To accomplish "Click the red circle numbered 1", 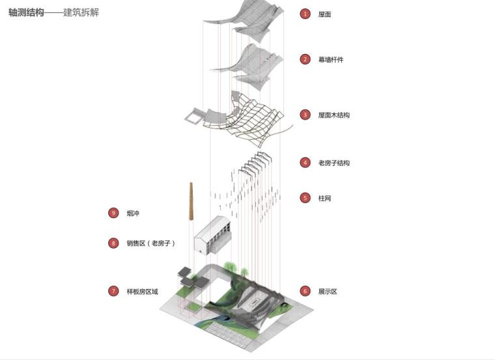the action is pos(305,14).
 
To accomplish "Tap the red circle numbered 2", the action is pos(305,59).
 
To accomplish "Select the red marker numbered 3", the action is pos(305,115).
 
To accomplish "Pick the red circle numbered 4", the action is pos(305,162).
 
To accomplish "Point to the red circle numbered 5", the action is pos(305,197).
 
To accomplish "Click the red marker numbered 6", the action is pos(305,291).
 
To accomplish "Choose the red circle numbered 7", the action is pos(113,291).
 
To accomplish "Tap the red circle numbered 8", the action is pos(113,243).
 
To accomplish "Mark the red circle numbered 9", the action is pos(113,213).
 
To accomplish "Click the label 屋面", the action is pos(324,14).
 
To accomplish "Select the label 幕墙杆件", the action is pos(331,60).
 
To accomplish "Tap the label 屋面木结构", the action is pos(334,115).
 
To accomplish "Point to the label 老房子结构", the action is pos(334,163).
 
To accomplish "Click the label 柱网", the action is pos(324,198).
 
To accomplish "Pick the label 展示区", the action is pos(328,292).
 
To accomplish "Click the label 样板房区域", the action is pos(143,292).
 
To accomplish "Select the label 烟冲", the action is pos(133,214).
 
